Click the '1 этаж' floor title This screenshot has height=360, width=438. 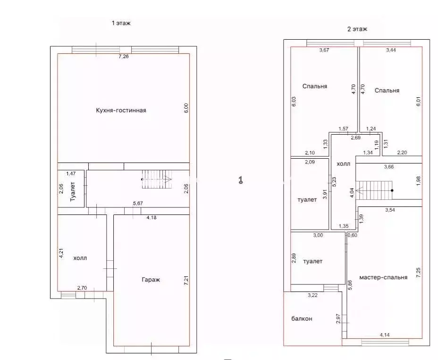pyautogui.click(x=121, y=23)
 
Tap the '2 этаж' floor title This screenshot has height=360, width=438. pyautogui.click(x=357, y=29)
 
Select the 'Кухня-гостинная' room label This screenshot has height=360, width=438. pyautogui.click(x=121, y=111)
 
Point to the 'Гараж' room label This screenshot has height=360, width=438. pyautogui.click(x=151, y=280)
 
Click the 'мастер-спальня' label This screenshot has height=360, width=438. pyautogui.click(x=383, y=277)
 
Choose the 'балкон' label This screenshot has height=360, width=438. pyautogui.click(x=302, y=319)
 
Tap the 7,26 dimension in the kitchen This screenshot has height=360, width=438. pyautogui.click(x=124, y=57)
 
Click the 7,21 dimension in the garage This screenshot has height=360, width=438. pyautogui.click(x=186, y=280)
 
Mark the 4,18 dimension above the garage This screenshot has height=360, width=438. pyautogui.click(x=152, y=217)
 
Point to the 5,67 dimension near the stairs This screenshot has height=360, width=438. pyautogui.click(x=138, y=204)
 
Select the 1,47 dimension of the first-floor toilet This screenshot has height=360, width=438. pyautogui.click(x=71, y=174)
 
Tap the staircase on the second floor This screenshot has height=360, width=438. pyautogui.click(x=375, y=190)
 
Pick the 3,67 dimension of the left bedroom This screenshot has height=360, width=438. pyautogui.click(x=324, y=50)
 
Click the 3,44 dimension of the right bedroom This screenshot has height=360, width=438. pyautogui.click(x=391, y=50)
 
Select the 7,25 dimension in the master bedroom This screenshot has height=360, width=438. pyautogui.click(x=418, y=273)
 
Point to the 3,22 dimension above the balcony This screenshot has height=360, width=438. pyautogui.click(x=313, y=295)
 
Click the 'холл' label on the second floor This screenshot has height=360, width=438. pyautogui.click(x=343, y=164)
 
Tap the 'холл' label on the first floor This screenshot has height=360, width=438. pyautogui.click(x=80, y=258)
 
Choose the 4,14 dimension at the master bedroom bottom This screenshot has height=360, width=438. pyautogui.click(x=385, y=335)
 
